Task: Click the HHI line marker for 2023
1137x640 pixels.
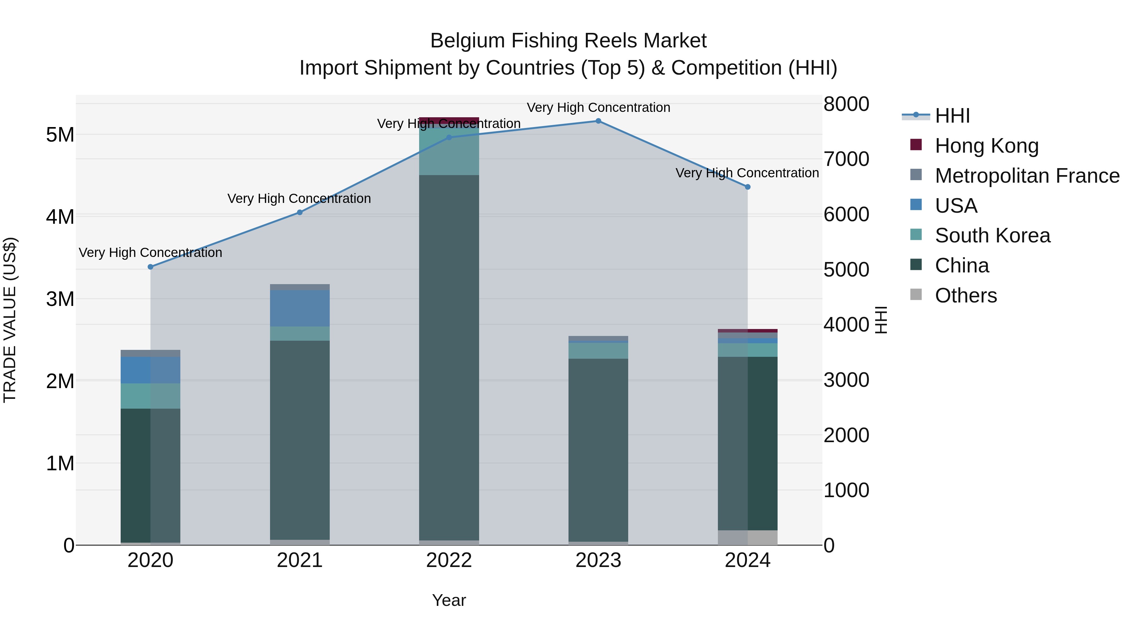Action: coord(598,121)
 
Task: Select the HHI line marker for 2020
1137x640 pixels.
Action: coord(151,267)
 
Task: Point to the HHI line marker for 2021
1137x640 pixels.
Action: coord(300,212)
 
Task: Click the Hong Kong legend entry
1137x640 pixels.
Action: coord(986,146)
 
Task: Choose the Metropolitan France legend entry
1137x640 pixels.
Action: coord(1027,176)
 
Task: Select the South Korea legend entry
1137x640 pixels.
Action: coord(992,235)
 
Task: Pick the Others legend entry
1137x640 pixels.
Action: coord(966,296)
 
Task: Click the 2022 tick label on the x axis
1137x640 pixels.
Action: coord(449,560)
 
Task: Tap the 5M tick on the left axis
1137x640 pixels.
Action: coord(60,135)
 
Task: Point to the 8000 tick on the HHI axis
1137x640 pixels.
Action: coord(846,104)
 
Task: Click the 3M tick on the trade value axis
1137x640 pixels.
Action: coord(60,299)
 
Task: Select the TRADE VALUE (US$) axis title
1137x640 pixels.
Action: coord(10,320)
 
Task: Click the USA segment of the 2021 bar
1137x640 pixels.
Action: coord(300,308)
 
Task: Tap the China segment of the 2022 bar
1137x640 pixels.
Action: coord(449,358)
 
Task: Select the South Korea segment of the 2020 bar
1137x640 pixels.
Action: coord(151,396)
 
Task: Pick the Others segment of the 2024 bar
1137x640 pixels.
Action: coord(748,538)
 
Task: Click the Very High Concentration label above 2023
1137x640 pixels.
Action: coord(598,108)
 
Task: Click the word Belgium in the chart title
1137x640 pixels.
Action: coord(467,41)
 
